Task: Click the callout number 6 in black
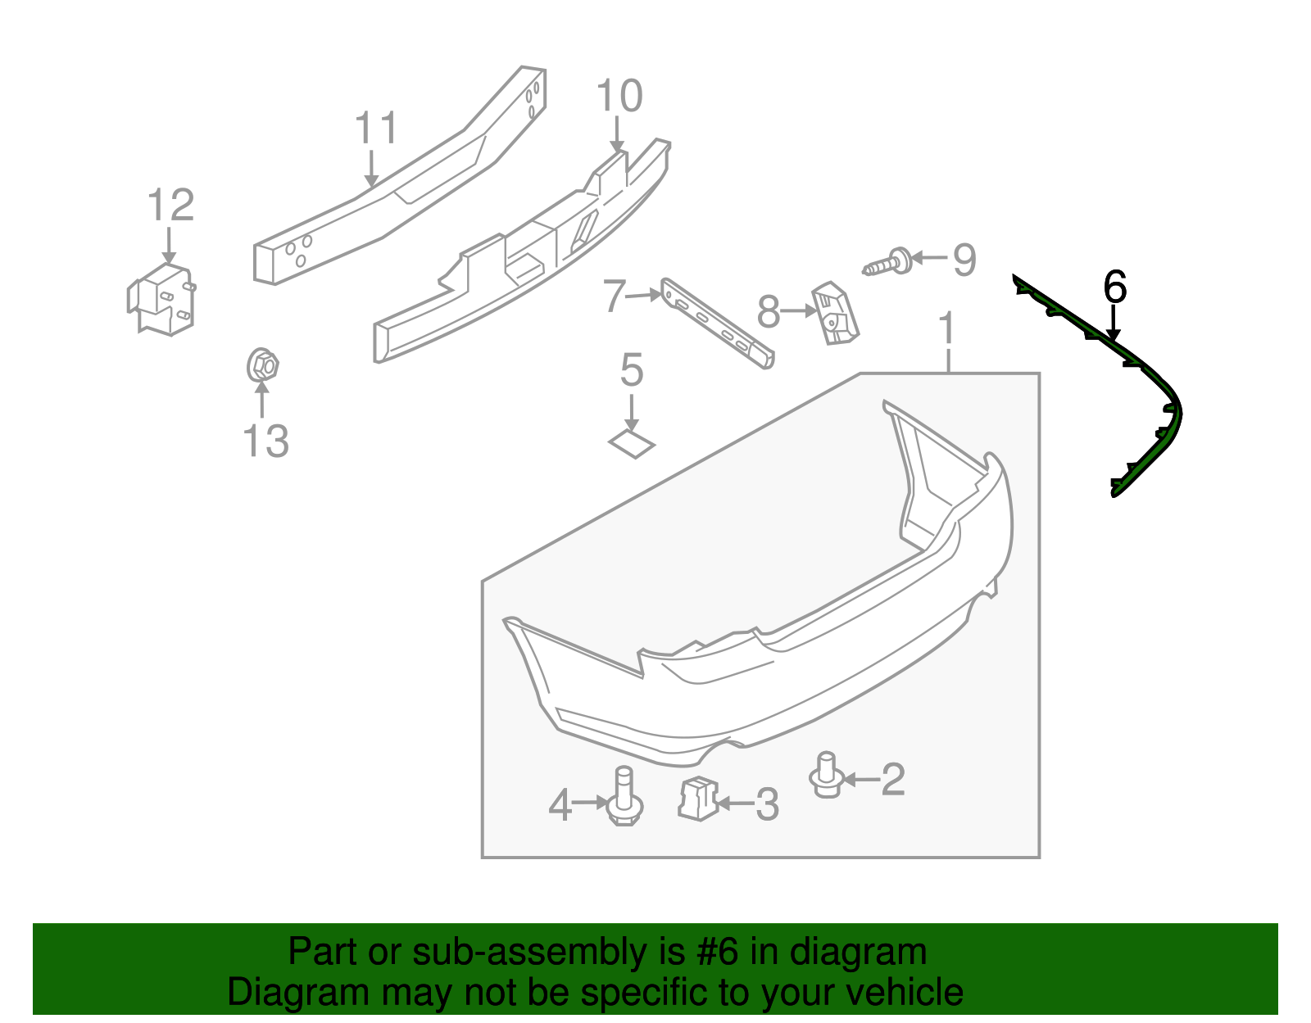(x=1115, y=287)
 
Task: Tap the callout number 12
(x=170, y=206)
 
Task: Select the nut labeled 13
(x=262, y=365)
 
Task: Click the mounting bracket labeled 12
(x=162, y=299)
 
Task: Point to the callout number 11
(x=376, y=129)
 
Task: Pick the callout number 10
(x=619, y=97)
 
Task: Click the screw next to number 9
(x=888, y=264)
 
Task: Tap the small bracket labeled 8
(x=834, y=315)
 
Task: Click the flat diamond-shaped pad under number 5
(x=632, y=444)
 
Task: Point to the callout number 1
(x=947, y=328)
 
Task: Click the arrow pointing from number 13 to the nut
(x=261, y=401)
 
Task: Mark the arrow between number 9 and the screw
(x=928, y=258)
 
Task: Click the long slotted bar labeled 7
(x=716, y=324)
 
